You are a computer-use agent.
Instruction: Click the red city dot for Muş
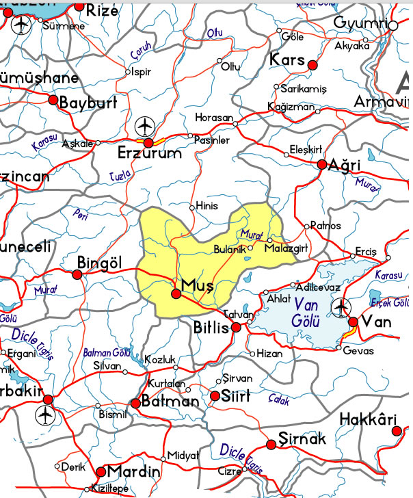point(176,293)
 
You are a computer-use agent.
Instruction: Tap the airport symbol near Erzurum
point(145,126)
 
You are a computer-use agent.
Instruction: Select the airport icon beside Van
point(341,309)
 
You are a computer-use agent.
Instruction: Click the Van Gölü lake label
point(307,312)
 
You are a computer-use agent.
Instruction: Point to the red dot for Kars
point(313,64)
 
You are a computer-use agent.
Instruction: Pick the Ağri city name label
point(344,166)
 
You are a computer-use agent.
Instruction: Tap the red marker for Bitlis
point(237,328)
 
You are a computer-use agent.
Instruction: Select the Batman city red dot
point(135,403)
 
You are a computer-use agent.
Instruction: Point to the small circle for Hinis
point(192,206)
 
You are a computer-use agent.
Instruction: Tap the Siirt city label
point(237,396)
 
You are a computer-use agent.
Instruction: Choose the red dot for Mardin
point(101,471)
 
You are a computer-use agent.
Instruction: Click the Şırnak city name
point(305,438)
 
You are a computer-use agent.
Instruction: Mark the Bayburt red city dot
point(53,99)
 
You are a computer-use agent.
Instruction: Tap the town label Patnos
point(325,226)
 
